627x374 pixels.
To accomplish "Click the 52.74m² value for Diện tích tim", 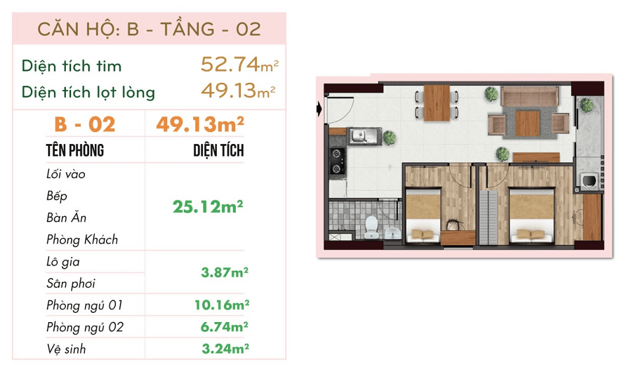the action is (239, 64).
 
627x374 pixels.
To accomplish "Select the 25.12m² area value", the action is (207, 207).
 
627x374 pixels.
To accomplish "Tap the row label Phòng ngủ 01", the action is (84, 306).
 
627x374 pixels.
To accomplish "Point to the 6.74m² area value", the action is (225, 327).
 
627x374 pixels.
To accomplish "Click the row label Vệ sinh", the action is (66, 349).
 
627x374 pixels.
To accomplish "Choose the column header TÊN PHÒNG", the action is (75, 151).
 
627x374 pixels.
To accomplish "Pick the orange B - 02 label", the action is (85, 124).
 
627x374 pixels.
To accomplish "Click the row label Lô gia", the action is (63, 262).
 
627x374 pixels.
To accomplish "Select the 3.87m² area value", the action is (225, 273).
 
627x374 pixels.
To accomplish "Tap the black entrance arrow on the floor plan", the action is (319, 108).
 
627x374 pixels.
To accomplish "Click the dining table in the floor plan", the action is (437, 103).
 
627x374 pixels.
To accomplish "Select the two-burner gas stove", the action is (337, 161).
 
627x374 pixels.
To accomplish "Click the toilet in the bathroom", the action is (371, 227).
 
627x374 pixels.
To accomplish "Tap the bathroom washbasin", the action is (393, 233).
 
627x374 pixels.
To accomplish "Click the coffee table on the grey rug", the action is (528, 124).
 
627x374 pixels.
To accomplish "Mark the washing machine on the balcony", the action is (589, 180).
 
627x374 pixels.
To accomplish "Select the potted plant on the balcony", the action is (587, 105).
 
